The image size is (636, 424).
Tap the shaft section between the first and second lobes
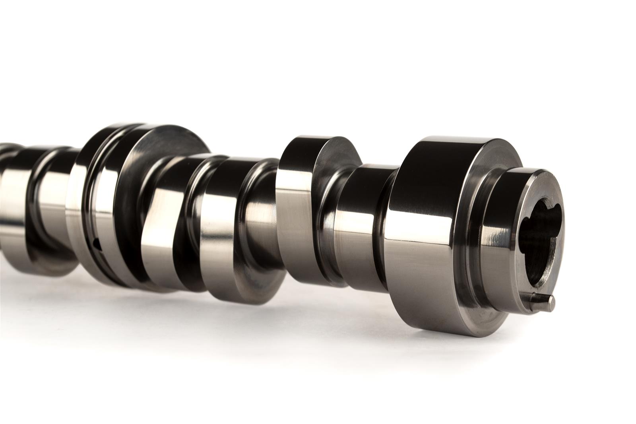[x=258, y=223]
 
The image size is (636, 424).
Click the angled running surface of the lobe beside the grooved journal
[x=159, y=223]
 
